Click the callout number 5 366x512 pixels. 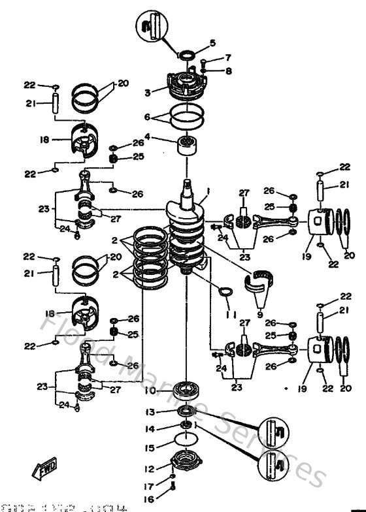coord(212,44)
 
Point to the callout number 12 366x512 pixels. coord(150,468)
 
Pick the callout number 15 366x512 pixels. coord(150,448)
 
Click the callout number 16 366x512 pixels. coord(150,498)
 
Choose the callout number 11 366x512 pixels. coord(228,315)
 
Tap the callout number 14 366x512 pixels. coord(150,429)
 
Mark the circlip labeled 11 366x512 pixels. coord(224,293)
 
